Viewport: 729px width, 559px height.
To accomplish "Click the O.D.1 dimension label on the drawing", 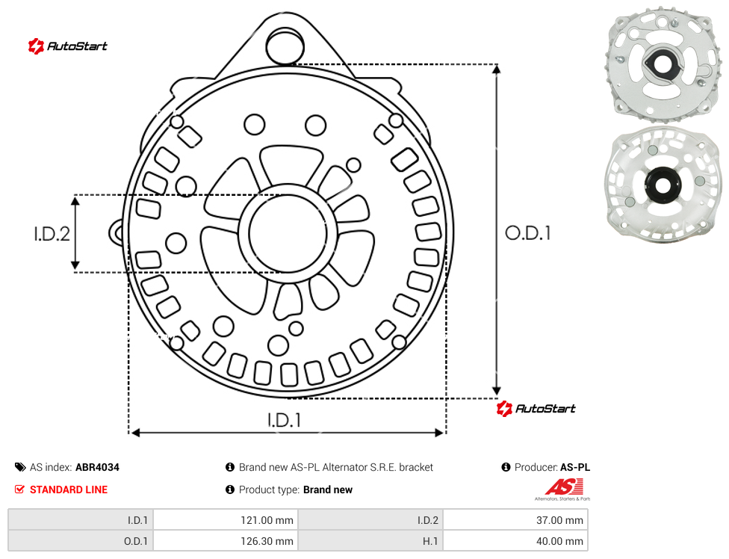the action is (527, 233).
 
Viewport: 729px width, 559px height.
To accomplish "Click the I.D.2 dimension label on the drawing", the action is (52, 233).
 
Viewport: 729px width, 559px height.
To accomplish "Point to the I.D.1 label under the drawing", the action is (284, 421).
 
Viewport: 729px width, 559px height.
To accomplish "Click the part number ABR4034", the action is (97, 467).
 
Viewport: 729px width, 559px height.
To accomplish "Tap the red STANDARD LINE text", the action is (69, 489).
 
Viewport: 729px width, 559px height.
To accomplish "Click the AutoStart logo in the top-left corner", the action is (67, 46).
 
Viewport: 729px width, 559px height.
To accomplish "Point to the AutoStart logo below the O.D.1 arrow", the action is (536, 408).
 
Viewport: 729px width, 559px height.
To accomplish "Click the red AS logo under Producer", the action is (563, 489).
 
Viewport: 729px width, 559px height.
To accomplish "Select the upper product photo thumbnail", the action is (662, 66).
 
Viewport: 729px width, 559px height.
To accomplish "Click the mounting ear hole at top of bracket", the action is (285, 46).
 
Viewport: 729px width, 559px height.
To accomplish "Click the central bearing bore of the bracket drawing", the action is (288, 232).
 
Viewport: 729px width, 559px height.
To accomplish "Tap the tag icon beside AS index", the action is (20, 467).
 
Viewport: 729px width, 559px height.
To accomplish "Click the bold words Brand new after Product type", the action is (328, 489).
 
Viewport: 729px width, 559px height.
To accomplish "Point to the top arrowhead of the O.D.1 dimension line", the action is (497, 70).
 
